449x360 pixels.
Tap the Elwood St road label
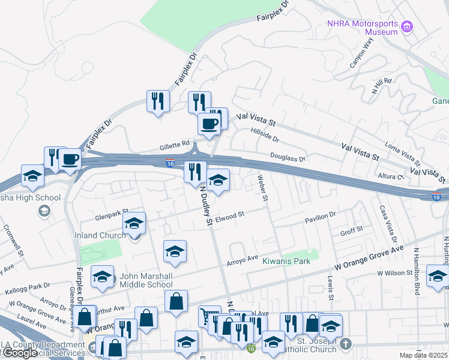click(231, 215)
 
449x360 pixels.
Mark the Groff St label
click(352, 230)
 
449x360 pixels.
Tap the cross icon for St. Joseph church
click(345, 344)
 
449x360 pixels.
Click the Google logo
click(21, 353)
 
